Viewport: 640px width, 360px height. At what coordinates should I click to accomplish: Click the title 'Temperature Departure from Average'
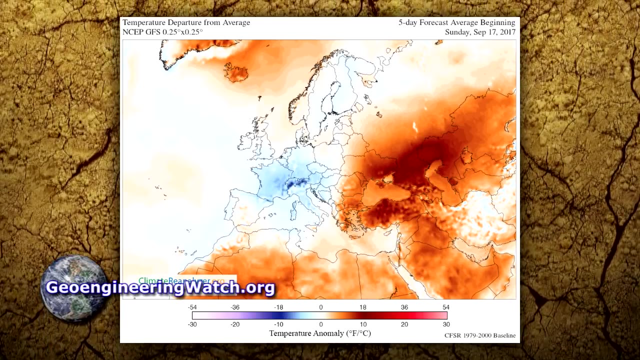click(186, 23)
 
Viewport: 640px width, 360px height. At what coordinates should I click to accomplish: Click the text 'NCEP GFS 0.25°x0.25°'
click(162, 32)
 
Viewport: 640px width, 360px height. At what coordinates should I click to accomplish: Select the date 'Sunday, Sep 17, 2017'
click(480, 32)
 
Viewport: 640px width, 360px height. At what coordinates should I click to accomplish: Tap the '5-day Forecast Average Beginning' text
click(456, 23)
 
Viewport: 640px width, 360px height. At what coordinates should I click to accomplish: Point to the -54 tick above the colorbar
click(192, 307)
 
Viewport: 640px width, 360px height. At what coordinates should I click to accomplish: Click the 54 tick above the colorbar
click(446, 307)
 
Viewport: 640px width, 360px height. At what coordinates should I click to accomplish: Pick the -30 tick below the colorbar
click(192, 324)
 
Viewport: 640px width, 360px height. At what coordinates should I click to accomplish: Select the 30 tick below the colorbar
click(446, 324)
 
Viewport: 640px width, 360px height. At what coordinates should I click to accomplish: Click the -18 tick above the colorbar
click(278, 307)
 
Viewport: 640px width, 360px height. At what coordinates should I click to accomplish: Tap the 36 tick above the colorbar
click(404, 307)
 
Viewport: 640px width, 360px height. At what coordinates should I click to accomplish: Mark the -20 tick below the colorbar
click(235, 324)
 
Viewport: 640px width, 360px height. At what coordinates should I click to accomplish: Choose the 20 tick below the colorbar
click(404, 324)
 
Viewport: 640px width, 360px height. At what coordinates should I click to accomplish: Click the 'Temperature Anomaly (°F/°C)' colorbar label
click(320, 333)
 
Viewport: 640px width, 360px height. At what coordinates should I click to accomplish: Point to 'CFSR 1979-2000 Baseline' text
click(480, 335)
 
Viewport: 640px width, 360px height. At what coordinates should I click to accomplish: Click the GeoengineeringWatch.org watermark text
click(160, 288)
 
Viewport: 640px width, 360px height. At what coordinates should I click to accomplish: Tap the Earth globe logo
click(73, 288)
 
